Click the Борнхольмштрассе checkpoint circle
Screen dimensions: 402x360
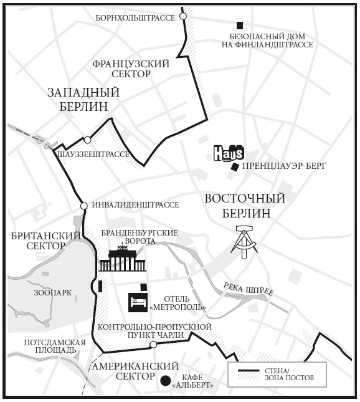183,16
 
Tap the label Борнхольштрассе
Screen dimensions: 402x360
136,18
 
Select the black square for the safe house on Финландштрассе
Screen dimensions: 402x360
240,25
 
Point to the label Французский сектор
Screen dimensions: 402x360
131,69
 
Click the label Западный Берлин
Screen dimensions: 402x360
83,100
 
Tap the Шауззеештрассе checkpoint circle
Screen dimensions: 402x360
88,140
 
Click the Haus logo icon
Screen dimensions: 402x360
228,153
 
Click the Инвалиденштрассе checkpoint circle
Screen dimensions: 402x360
83,206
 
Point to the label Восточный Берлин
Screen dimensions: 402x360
245,206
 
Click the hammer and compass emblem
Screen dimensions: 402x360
244,242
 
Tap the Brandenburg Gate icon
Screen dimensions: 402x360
122,261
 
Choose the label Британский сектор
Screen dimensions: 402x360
46,241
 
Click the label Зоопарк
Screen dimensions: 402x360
53,292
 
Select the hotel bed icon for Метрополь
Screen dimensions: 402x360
138,303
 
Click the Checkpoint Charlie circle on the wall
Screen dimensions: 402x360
153,345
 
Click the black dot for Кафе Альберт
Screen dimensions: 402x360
165,381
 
